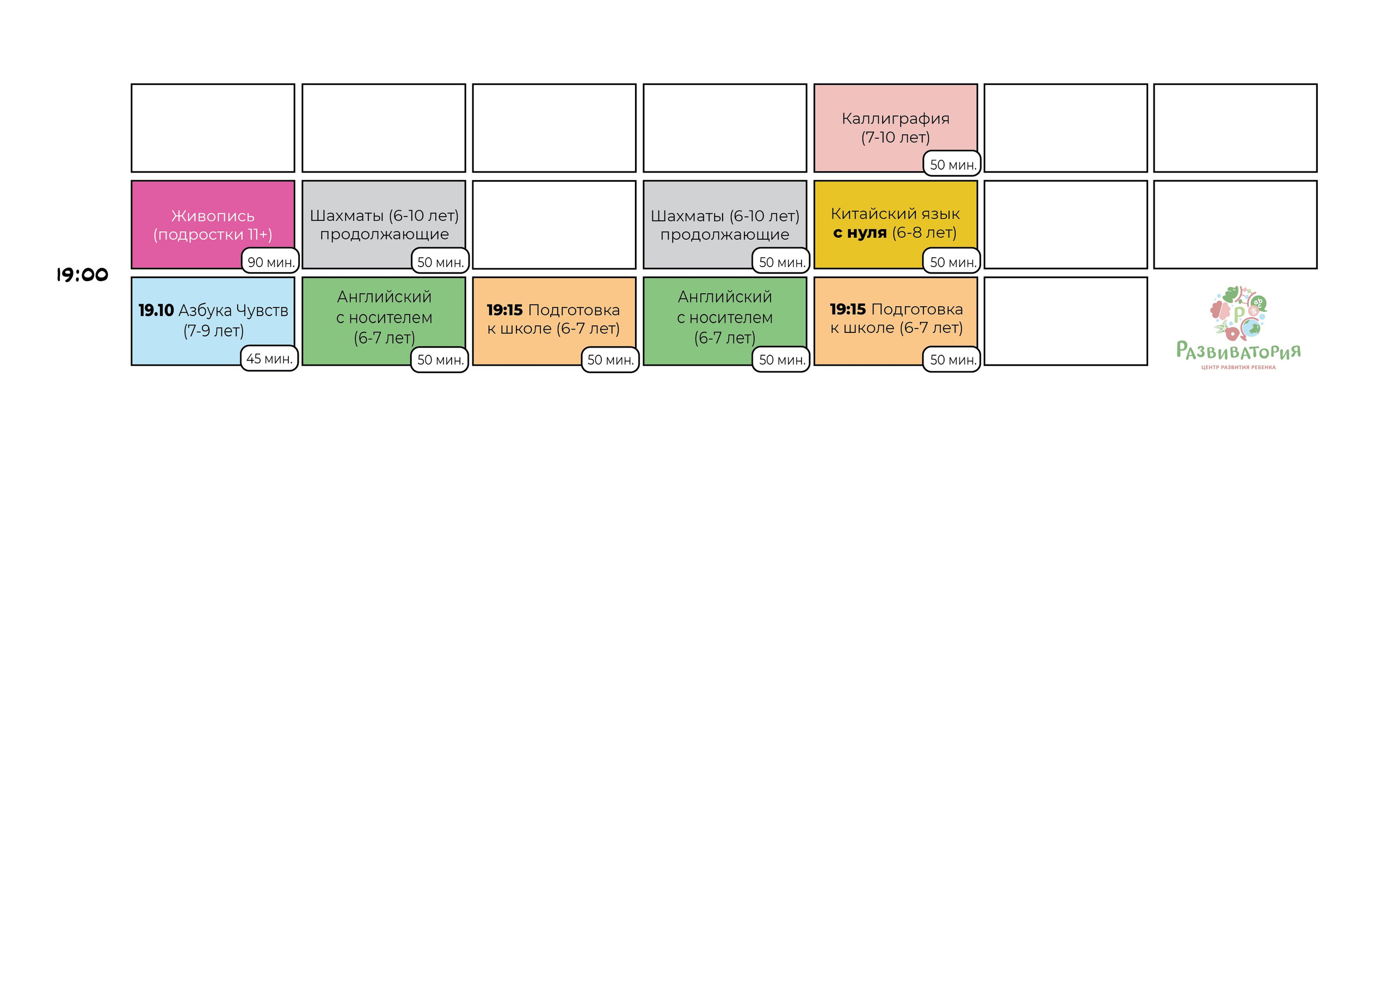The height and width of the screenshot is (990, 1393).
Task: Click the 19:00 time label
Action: tap(82, 275)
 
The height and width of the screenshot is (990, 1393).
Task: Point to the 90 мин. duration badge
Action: tap(270, 262)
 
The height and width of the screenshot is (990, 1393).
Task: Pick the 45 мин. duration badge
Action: tap(269, 358)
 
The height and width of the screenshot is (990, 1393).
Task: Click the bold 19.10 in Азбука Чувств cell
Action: tap(156, 310)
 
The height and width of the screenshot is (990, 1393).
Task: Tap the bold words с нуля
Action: tap(860, 232)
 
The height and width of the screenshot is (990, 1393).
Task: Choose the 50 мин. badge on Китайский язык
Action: tap(952, 262)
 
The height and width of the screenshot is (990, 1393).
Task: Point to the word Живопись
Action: tap(213, 216)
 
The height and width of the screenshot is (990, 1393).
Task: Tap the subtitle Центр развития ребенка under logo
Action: tap(1238, 368)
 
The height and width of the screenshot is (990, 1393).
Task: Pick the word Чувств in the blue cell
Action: tap(262, 310)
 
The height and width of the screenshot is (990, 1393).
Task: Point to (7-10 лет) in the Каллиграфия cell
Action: tap(895, 137)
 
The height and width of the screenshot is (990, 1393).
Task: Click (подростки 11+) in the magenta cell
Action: tap(213, 234)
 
